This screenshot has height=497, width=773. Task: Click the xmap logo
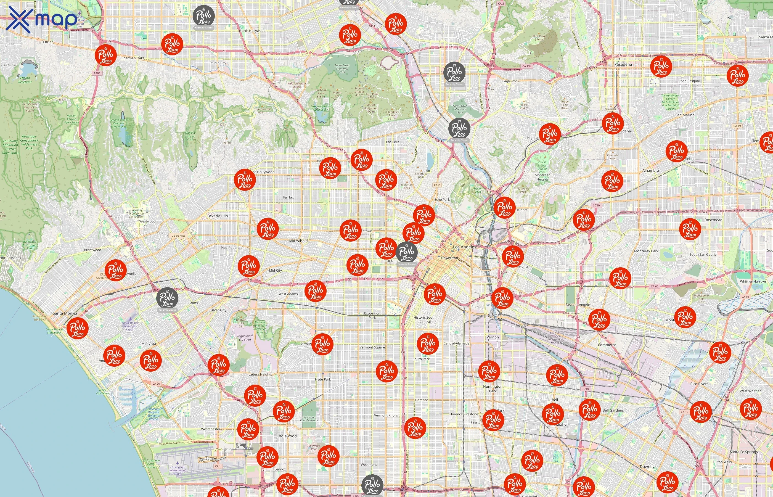pyautogui.click(x=42, y=19)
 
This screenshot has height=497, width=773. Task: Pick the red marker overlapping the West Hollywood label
pyautogui.click(x=245, y=179)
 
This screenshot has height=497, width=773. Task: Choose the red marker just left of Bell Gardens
pyautogui.click(x=589, y=409)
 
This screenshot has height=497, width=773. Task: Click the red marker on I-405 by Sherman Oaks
pyautogui.click(x=106, y=55)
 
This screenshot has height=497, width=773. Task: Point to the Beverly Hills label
pyautogui.click(x=218, y=216)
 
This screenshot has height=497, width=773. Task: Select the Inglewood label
pyautogui.click(x=287, y=436)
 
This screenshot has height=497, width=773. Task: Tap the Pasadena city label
pyautogui.click(x=623, y=64)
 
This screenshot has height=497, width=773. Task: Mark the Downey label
pyautogui.click(x=647, y=467)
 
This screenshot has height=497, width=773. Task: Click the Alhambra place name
pyautogui.click(x=650, y=170)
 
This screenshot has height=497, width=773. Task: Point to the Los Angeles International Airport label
pyautogui.click(x=177, y=470)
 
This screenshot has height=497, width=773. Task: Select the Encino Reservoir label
pyautogui.click(x=25, y=80)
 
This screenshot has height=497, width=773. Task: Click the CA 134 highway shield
pyautogui.click(x=526, y=66)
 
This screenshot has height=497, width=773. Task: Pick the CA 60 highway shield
pyautogui.click(x=654, y=286)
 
